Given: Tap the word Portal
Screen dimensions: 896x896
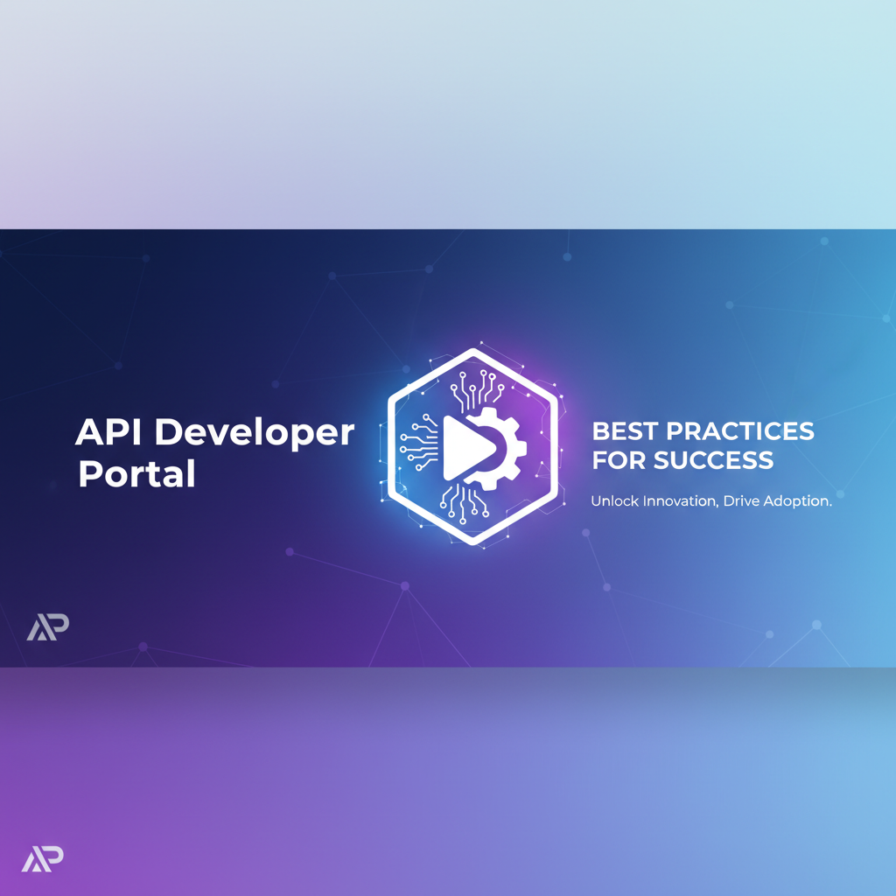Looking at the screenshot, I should coord(136,474).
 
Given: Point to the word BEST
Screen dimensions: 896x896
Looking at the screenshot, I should coord(624,430).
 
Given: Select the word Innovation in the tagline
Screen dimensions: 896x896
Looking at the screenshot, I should coord(680,501).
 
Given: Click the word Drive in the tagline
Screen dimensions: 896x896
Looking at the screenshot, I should coord(743,501).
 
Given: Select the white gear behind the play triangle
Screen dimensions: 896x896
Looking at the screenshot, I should coord(507,447).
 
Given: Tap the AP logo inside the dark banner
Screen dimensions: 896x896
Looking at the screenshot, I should coord(47,626).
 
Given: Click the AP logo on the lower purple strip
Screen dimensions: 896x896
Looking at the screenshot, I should coord(43,860).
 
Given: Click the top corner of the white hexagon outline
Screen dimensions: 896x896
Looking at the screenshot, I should coord(473,352).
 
